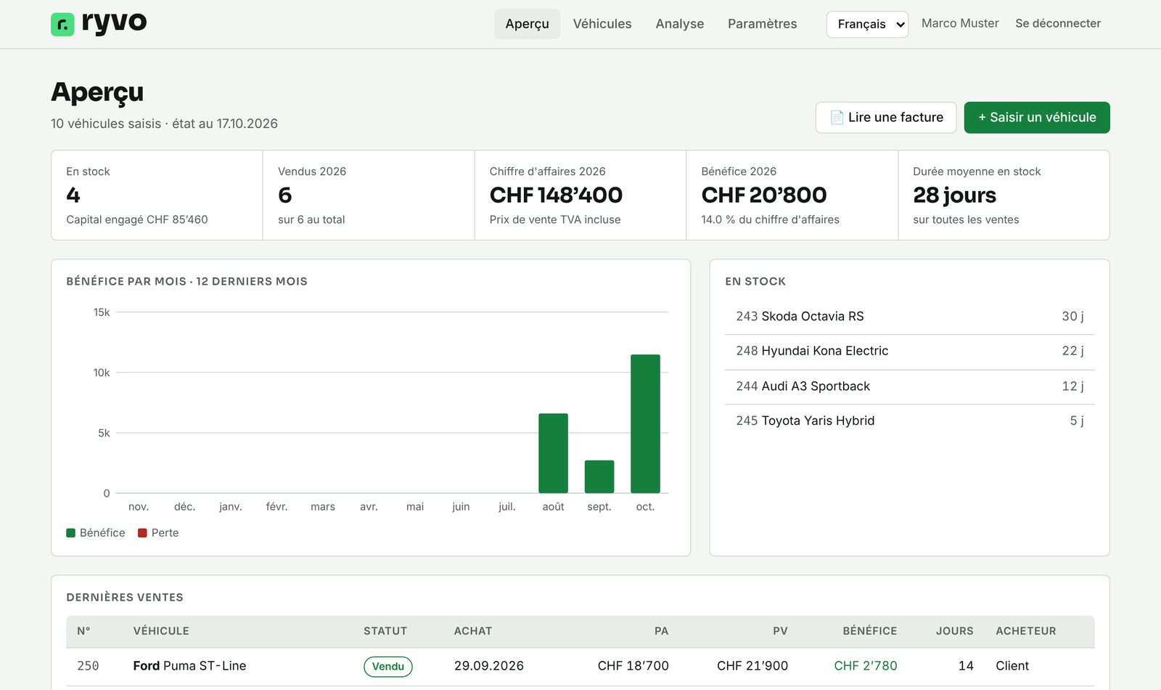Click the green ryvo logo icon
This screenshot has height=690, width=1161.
click(62, 24)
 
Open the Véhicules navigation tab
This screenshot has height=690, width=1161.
click(602, 24)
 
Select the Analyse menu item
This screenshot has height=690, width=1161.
click(679, 24)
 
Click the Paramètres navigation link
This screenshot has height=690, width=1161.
click(762, 24)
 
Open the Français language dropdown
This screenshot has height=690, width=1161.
click(867, 25)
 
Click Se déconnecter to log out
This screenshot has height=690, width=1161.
click(1058, 23)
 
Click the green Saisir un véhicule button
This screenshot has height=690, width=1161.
click(1037, 117)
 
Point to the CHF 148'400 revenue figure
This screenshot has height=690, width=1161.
click(556, 195)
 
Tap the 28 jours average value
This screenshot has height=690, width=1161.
click(954, 195)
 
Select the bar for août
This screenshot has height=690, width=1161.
click(553, 453)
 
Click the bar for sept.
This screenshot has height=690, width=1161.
click(599, 476)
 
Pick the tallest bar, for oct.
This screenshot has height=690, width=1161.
click(645, 423)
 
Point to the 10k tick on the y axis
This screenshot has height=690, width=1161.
click(101, 373)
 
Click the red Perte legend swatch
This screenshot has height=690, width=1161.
click(142, 533)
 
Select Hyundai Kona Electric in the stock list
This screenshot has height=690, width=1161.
click(824, 351)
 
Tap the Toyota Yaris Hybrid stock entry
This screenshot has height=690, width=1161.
click(818, 421)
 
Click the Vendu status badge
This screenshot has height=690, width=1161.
click(387, 666)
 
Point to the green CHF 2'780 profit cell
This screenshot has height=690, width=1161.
click(865, 665)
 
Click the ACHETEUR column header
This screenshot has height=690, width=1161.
click(1025, 631)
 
